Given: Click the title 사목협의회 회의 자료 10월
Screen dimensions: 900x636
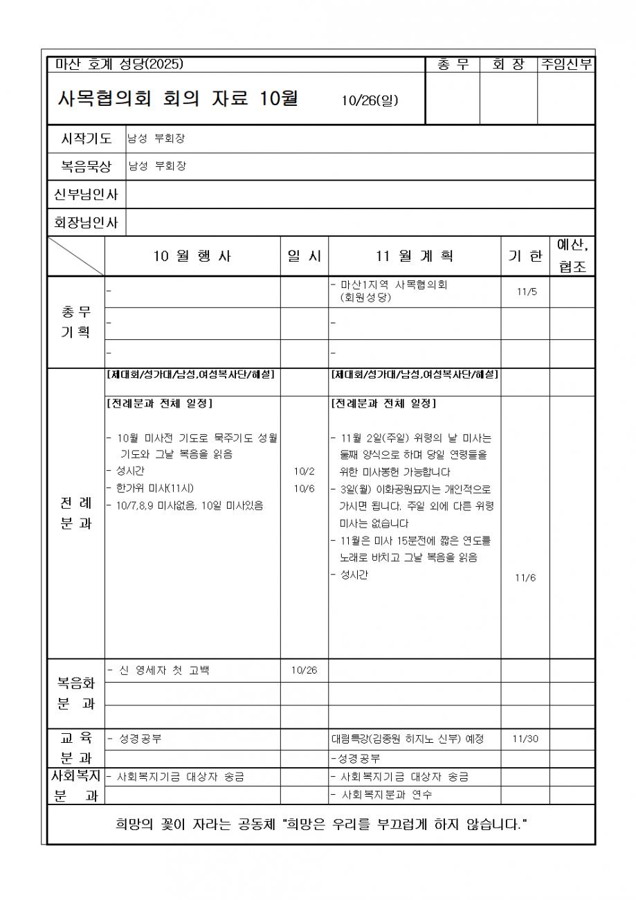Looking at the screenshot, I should point(178,99).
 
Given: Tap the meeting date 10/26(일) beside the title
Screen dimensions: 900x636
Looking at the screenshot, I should point(370,101).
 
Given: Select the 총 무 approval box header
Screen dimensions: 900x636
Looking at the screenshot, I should point(453,65).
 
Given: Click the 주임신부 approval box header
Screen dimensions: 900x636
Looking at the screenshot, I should point(567,65).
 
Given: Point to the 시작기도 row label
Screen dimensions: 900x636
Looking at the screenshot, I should point(87,138).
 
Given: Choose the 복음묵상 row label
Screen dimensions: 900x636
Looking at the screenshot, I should point(87,166).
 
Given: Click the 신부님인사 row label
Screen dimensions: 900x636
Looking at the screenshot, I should point(87,195).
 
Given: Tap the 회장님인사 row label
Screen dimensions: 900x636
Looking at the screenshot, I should point(87,222).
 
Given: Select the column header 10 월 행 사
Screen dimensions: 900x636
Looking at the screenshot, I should point(192,256).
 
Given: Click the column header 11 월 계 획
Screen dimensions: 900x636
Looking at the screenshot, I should point(415,256).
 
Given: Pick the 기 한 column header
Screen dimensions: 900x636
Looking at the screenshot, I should point(525,256).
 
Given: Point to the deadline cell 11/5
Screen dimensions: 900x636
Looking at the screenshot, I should point(526,291).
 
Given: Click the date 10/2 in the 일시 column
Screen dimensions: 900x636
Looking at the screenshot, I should point(304,471).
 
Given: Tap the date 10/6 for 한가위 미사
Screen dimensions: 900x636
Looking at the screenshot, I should point(304,488).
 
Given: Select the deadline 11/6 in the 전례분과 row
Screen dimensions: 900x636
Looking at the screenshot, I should point(525,578).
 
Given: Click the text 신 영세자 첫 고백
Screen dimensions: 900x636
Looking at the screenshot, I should point(163,670).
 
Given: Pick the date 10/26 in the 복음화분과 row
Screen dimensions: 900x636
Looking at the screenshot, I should point(304,670).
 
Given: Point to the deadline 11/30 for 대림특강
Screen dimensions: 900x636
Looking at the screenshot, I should point(525,739).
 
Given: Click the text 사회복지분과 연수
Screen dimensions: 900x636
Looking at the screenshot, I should point(387,795).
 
